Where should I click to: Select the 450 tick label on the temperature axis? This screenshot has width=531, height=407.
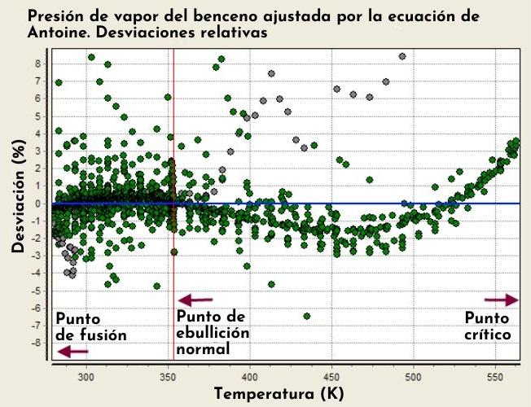[332, 377]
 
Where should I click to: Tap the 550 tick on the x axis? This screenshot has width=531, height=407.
[495, 377]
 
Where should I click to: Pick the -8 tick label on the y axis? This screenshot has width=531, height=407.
[35, 343]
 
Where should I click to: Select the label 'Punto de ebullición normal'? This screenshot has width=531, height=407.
[213, 332]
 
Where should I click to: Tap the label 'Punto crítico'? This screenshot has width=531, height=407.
[488, 326]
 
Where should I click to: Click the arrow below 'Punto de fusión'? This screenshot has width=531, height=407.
[73, 352]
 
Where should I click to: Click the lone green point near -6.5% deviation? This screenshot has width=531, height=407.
[307, 316]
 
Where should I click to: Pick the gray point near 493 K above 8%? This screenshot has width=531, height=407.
[402, 56]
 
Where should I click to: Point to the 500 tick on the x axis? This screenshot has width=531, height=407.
[414, 377]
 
